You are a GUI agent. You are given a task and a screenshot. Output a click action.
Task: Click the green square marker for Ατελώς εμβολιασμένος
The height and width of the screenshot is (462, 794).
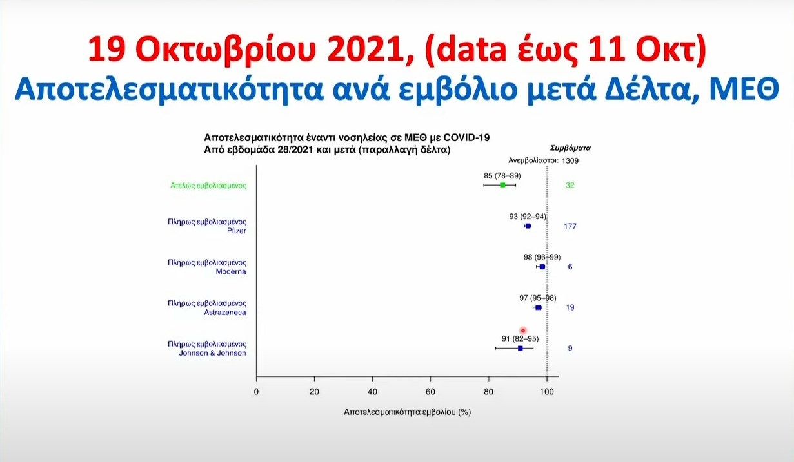(x=502, y=185)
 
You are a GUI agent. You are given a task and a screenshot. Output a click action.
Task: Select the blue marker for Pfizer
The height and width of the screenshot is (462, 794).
(x=528, y=226)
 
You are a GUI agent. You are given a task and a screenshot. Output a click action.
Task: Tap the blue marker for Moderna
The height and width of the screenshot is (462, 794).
(x=542, y=267)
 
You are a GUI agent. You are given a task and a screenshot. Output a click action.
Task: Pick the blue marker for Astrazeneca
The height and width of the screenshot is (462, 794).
(x=538, y=307)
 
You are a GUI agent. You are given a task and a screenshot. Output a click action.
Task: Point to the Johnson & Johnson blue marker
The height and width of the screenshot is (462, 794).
(x=521, y=349)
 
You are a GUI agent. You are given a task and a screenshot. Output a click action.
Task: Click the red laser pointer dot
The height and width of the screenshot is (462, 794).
(x=523, y=331)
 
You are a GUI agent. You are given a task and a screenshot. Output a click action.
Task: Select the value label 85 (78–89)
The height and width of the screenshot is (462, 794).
(x=502, y=176)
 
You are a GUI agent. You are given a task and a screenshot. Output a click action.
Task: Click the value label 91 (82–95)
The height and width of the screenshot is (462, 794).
(x=520, y=339)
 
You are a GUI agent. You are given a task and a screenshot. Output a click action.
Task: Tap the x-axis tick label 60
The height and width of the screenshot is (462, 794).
(x=430, y=392)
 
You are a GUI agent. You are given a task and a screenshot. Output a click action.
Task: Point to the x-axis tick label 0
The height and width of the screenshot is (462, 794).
(x=256, y=392)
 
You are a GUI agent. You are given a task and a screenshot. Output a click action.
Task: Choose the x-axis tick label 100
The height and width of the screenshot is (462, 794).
(x=547, y=392)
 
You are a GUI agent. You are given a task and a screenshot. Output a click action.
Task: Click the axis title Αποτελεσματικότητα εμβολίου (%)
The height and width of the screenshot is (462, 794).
(x=407, y=412)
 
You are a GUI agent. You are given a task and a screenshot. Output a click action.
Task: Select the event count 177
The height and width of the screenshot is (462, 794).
(x=570, y=226)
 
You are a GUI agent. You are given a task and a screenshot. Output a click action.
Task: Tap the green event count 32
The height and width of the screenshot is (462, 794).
(x=570, y=185)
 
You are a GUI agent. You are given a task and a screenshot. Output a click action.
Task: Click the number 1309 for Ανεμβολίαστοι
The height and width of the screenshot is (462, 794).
(x=570, y=160)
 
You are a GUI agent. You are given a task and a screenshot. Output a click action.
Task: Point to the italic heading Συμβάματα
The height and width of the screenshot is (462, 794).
(x=570, y=148)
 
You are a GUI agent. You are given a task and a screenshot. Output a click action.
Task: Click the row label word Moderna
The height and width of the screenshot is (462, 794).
(x=231, y=271)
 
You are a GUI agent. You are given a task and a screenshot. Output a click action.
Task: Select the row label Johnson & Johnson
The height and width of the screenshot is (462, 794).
(x=212, y=353)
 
